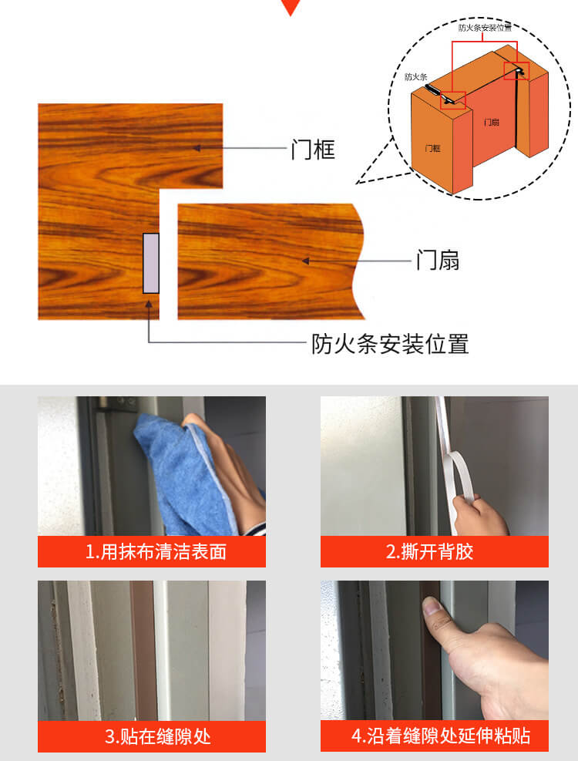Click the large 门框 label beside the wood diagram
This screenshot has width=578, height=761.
[x=313, y=149]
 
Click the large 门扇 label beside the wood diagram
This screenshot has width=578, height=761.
[x=438, y=260]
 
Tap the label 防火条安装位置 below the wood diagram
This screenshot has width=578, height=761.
[x=390, y=344]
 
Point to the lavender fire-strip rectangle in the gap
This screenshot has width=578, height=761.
[x=151, y=263]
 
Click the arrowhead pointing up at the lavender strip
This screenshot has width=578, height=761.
[x=149, y=305]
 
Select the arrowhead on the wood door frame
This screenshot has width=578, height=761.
[x=197, y=148]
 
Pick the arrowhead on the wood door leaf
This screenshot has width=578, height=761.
[x=306, y=261]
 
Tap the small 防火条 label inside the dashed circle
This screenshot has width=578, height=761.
[x=416, y=76]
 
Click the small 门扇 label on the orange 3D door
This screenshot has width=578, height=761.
[x=492, y=123]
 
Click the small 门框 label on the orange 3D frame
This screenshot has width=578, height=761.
[x=433, y=148]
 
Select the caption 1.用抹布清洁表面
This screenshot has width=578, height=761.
[x=156, y=552]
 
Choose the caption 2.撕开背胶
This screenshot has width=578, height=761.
[x=429, y=552]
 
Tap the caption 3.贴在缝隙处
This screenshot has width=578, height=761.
[x=158, y=736]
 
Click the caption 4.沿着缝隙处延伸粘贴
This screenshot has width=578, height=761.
[x=441, y=736]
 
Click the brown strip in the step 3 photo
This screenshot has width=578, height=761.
[x=143, y=650]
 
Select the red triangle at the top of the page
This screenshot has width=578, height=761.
[x=291, y=7]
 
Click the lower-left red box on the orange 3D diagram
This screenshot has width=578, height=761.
[x=453, y=100]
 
